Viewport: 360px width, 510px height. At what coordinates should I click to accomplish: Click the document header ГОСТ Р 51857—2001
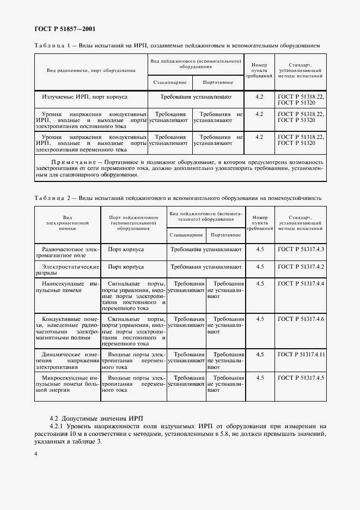coord(61,29)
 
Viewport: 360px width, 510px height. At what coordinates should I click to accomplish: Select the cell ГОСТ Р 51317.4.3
coord(301,249)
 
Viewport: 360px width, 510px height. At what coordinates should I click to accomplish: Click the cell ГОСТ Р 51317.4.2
coord(301,267)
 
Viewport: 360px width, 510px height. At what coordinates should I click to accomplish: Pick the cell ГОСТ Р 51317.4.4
coord(301,284)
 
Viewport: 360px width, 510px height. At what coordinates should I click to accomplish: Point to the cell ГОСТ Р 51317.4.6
coord(301,319)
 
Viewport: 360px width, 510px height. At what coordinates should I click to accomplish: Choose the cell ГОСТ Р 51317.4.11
coord(301,354)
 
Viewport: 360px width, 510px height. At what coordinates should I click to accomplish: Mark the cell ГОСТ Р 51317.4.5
coord(301,377)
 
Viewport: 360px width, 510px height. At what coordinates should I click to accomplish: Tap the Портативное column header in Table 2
coord(225,235)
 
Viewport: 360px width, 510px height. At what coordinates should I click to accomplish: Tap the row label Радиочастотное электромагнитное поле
coord(67,252)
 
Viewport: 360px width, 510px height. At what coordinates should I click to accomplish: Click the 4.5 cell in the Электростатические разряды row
coord(260,267)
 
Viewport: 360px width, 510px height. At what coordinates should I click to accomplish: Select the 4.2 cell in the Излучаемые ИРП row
coord(259,96)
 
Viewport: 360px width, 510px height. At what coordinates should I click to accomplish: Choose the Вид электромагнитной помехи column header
coord(67,223)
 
